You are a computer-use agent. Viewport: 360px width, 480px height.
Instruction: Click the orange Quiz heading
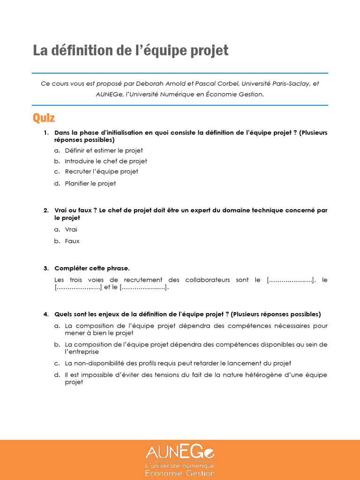(44, 118)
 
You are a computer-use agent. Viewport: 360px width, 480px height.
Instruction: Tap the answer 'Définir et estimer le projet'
(104, 150)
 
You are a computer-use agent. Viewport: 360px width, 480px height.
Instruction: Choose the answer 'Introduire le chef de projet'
(106, 161)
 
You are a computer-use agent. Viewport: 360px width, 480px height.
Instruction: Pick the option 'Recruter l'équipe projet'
(101, 172)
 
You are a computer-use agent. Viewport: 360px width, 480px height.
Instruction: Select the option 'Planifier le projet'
(90, 183)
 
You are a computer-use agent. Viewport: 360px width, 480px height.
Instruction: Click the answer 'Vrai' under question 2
(71, 229)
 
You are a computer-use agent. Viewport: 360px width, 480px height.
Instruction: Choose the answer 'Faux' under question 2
(72, 241)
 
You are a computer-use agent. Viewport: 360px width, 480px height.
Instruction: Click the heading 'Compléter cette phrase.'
(92, 268)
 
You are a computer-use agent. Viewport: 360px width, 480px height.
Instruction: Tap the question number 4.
(46, 314)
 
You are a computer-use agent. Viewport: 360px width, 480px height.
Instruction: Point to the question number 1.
(46, 133)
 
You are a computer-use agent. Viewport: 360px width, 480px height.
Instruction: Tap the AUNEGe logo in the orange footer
(180, 452)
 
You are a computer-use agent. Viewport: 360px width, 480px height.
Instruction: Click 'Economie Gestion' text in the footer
(180, 473)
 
